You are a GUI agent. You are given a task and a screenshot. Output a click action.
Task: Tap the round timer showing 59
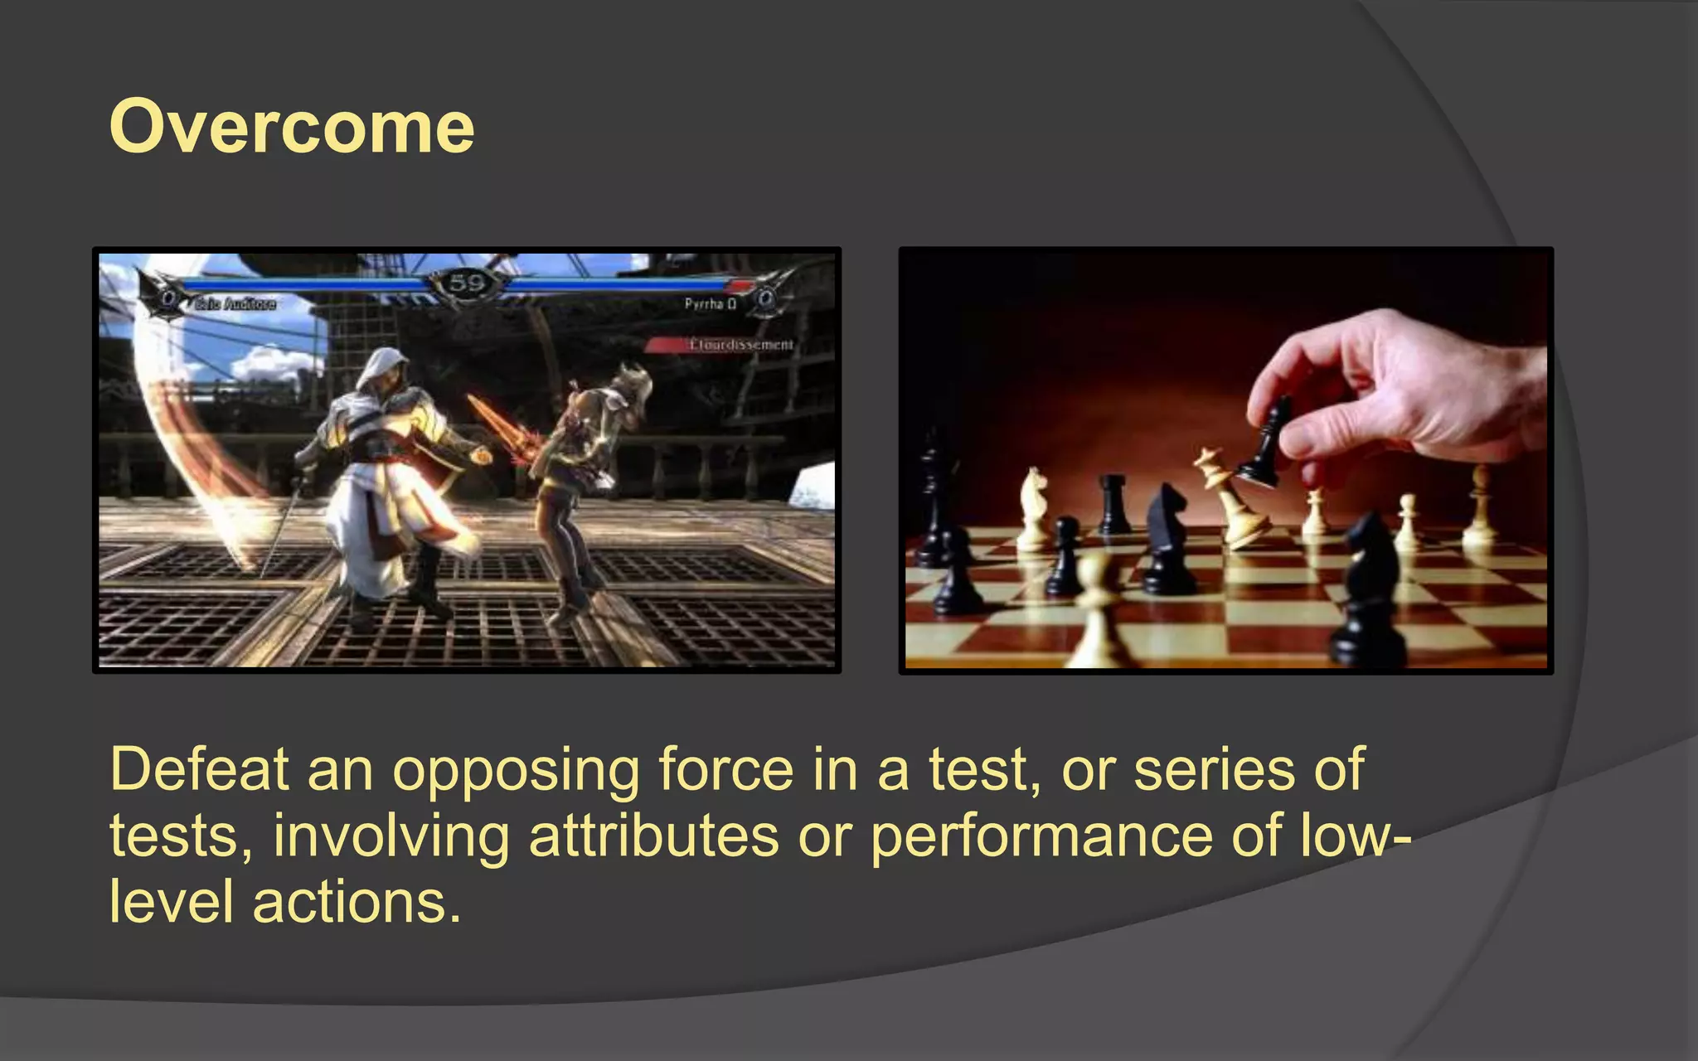[x=466, y=283]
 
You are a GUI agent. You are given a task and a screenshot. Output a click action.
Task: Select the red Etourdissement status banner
[x=730, y=344]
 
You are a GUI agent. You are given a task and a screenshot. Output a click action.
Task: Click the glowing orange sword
[x=506, y=431]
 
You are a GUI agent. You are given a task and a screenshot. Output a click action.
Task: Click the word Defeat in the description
[x=199, y=770]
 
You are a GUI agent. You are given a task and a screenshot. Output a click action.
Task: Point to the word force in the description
[x=726, y=770]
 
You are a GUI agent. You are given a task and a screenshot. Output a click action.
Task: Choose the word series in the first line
[x=1214, y=770]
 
